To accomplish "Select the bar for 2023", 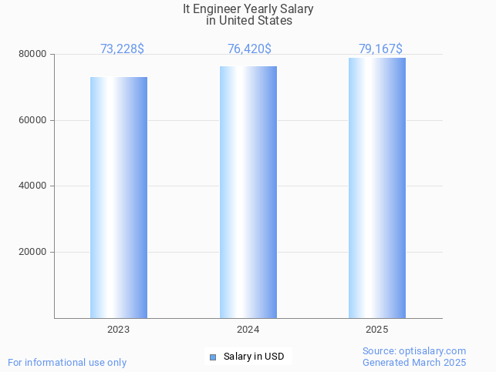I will [x=119, y=197].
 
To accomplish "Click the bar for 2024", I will [x=248, y=193].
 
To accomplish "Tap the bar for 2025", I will [x=377, y=188].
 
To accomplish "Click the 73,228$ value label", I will [x=122, y=49].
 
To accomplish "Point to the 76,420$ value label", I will [x=249, y=49].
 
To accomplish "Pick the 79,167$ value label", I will [x=380, y=49].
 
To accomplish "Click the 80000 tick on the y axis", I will [x=33, y=55].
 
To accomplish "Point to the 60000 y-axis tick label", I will [x=33, y=121].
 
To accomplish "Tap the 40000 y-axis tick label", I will [x=33, y=186].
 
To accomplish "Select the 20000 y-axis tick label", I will [x=33, y=253].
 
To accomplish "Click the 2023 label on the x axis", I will [x=118, y=330].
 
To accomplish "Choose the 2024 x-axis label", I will [x=248, y=330].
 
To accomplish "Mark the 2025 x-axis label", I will [x=377, y=330].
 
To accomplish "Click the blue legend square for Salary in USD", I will [x=213, y=357].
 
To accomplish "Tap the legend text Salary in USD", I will [x=254, y=357].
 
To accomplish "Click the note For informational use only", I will [x=67, y=363].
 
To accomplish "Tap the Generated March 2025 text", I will [x=414, y=363].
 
